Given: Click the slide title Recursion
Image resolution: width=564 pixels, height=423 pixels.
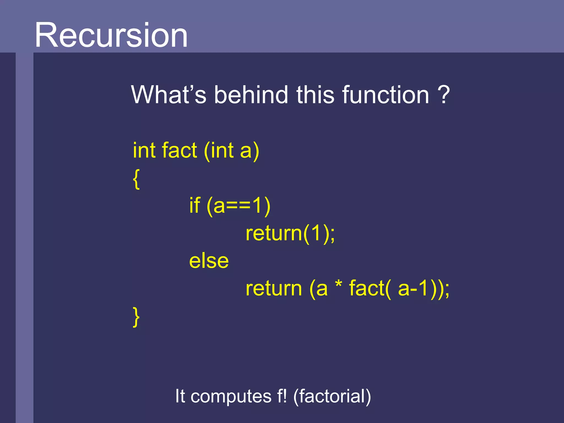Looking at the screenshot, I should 111,35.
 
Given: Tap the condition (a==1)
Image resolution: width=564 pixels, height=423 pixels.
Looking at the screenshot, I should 238,206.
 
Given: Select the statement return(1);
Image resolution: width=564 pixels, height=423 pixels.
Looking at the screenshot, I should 290,234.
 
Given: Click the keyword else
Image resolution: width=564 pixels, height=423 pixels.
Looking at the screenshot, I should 209,261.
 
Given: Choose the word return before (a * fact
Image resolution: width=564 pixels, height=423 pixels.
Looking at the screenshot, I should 274,289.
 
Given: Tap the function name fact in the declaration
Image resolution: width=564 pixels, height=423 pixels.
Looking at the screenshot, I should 179,150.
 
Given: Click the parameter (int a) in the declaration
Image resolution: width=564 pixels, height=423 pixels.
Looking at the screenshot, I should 232,151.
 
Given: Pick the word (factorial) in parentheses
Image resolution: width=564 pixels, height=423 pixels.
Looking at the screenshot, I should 332,397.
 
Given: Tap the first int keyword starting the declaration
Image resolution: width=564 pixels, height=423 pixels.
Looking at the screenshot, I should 144,150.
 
